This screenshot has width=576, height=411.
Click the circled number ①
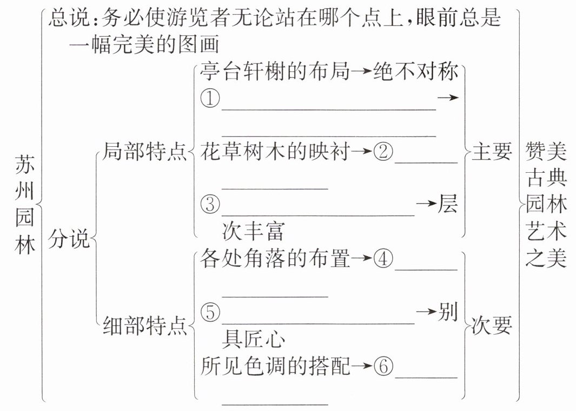click(210, 99)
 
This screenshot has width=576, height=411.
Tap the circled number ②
click(383, 152)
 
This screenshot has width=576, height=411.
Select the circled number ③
click(210, 205)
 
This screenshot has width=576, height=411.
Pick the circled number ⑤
click(210, 312)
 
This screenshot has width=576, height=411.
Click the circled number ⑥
click(383, 367)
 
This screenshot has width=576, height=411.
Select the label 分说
click(69, 239)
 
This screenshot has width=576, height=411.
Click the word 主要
click(492, 152)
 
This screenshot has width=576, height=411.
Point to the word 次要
click(492, 327)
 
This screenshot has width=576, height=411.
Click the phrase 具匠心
click(253, 339)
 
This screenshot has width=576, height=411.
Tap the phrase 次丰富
click(253, 232)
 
